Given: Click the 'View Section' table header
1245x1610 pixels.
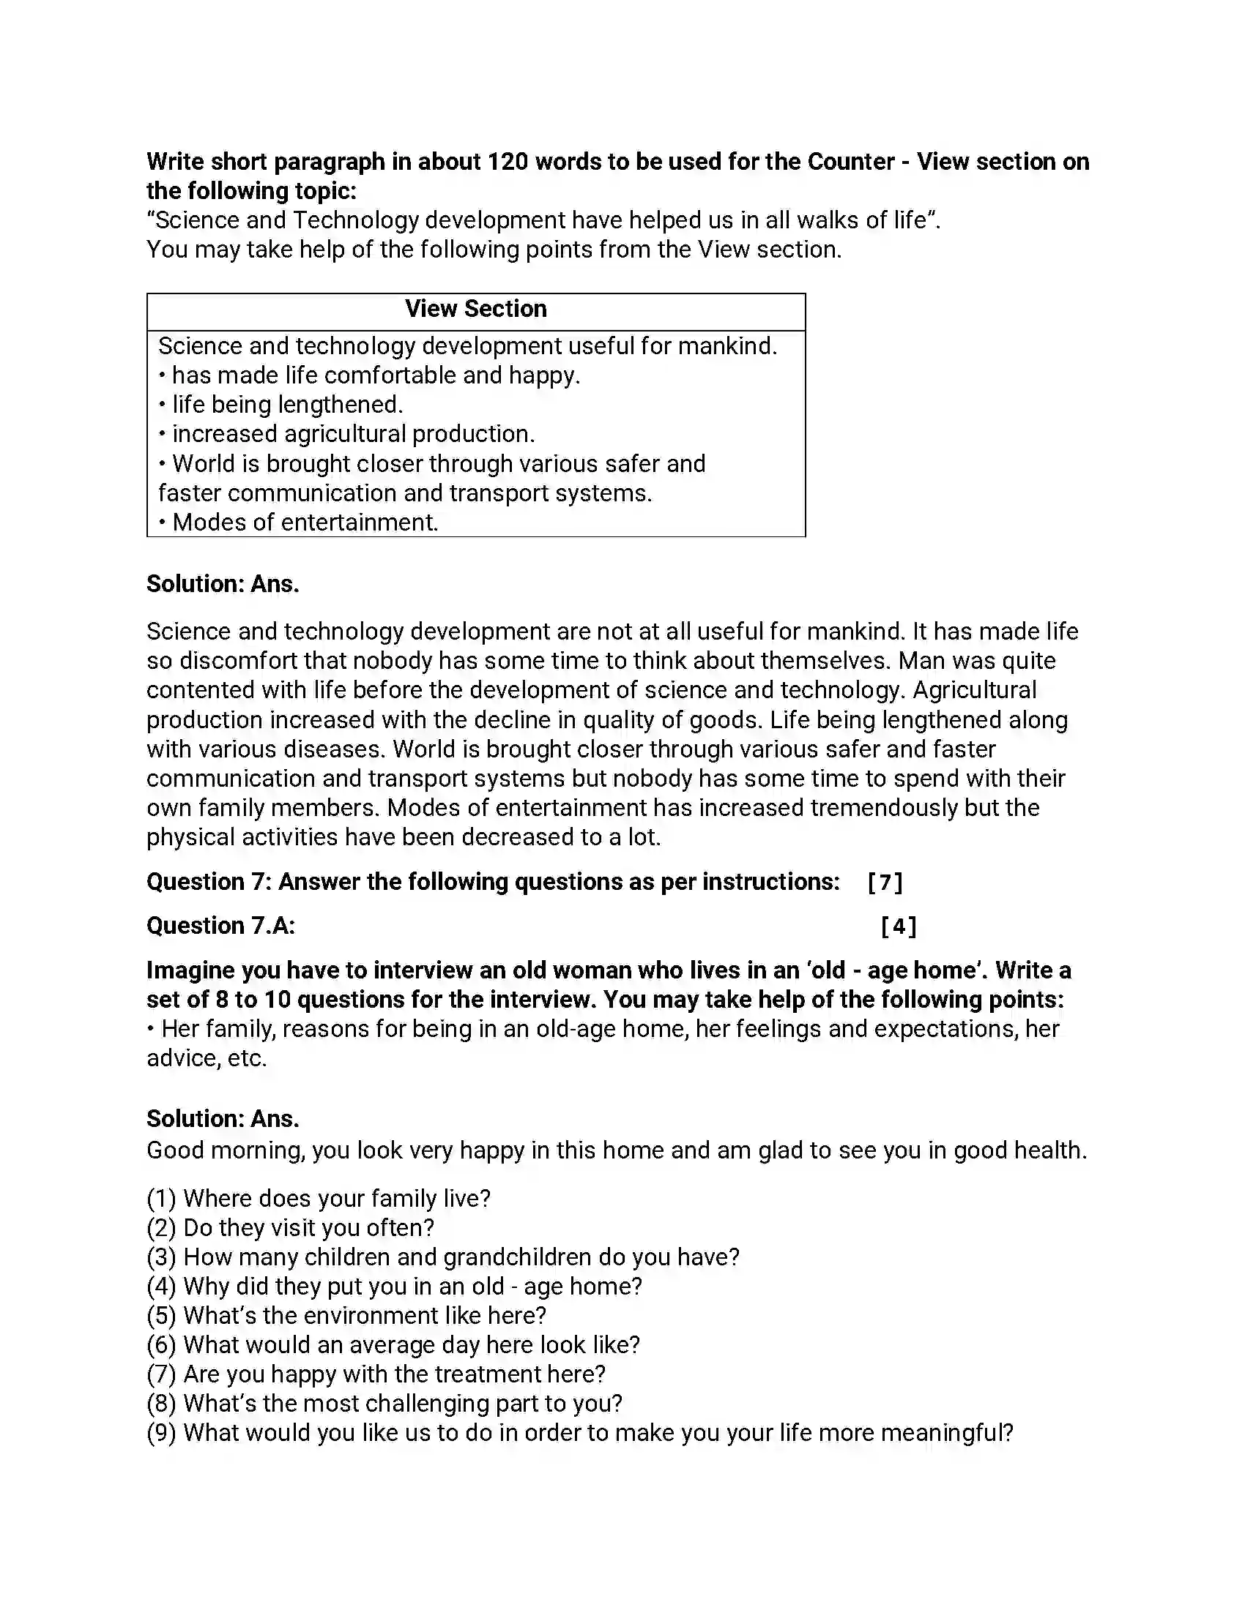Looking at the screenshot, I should (476, 309).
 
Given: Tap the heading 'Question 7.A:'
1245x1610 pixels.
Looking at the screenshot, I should (220, 926).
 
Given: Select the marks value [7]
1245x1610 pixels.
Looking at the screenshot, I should (885, 882).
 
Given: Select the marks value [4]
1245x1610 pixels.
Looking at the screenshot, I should (899, 926).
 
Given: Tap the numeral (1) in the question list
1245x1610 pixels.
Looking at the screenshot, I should (162, 1199).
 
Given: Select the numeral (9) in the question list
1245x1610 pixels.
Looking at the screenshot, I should (162, 1433).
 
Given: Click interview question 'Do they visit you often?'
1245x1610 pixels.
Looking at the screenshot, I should (308, 1227).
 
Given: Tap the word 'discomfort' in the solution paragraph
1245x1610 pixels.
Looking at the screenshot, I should (238, 661).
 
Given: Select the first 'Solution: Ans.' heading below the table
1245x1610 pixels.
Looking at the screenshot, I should (223, 584).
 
